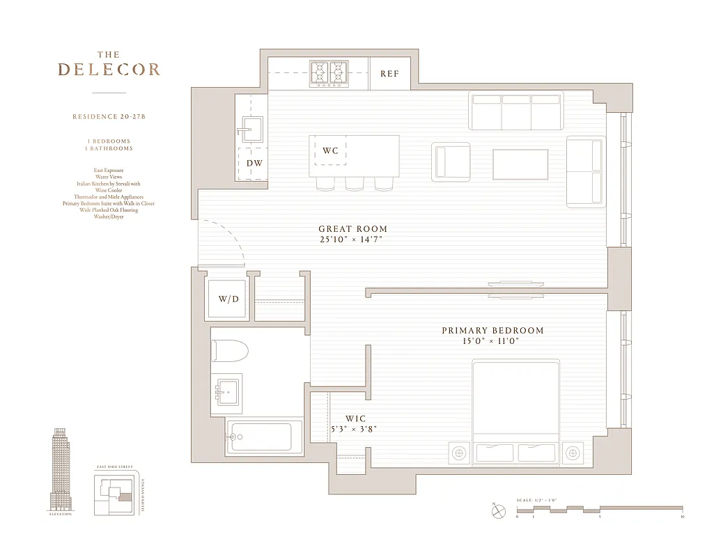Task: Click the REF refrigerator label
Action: click(x=389, y=73)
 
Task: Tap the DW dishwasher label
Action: click(x=254, y=164)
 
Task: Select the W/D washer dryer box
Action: click(x=228, y=299)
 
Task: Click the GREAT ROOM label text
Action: click(x=352, y=229)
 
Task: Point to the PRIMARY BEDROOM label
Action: click(x=492, y=331)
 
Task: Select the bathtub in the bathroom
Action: click(x=265, y=437)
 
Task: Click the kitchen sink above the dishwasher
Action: click(x=251, y=129)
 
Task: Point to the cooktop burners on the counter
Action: click(x=329, y=73)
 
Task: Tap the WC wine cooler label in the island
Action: click(x=330, y=150)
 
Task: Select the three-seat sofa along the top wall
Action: click(x=516, y=110)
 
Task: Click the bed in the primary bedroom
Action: click(x=515, y=411)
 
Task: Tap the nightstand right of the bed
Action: click(x=573, y=453)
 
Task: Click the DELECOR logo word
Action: click(x=109, y=70)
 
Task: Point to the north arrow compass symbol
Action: click(x=498, y=511)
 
